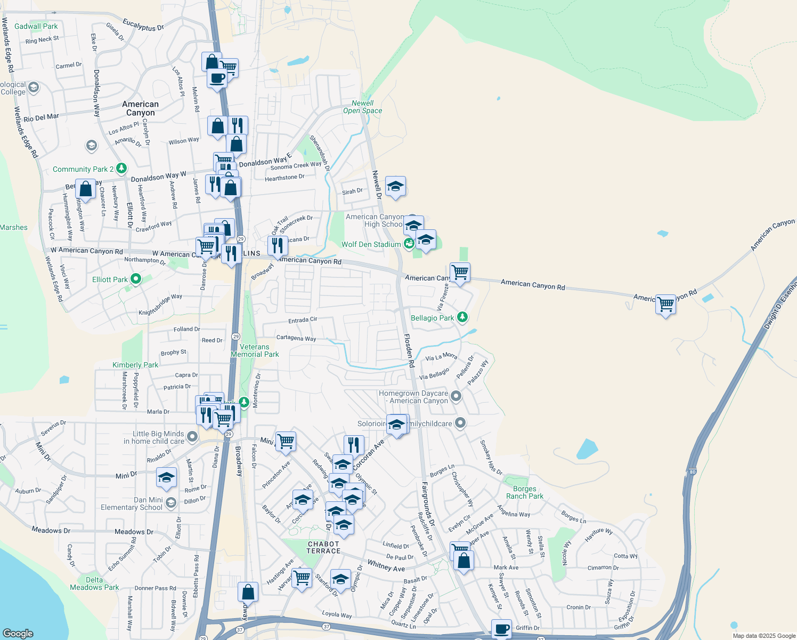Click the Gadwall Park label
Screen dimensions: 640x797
(x=36, y=26)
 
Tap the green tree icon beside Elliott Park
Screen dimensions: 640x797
(x=136, y=279)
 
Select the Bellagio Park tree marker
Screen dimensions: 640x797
(x=462, y=317)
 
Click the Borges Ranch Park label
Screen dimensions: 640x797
(x=525, y=492)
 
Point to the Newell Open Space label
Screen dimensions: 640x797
(x=363, y=107)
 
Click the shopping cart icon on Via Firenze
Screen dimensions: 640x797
(x=460, y=273)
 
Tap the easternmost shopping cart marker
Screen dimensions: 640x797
(x=666, y=305)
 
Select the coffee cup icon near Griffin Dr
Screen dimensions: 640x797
(x=501, y=629)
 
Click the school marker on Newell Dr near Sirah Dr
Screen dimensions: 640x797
(x=395, y=187)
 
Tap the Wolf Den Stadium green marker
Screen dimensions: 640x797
(x=409, y=244)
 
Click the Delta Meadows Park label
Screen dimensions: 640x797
(x=94, y=583)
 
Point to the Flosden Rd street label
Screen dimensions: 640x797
(x=409, y=350)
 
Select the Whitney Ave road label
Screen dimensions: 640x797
(x=386, y=566)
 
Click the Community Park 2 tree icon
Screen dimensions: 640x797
(x=121, y=169)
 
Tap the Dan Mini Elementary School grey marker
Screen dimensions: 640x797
(x=170, y=502)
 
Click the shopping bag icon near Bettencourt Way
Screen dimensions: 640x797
(x=85, y=189)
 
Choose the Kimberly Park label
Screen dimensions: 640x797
(x=135, y=365)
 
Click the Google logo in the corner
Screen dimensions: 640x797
(x=18, y=633)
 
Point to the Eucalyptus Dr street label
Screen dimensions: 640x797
(x=143, y=25)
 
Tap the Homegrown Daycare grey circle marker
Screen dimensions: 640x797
(x=456, y=396)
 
